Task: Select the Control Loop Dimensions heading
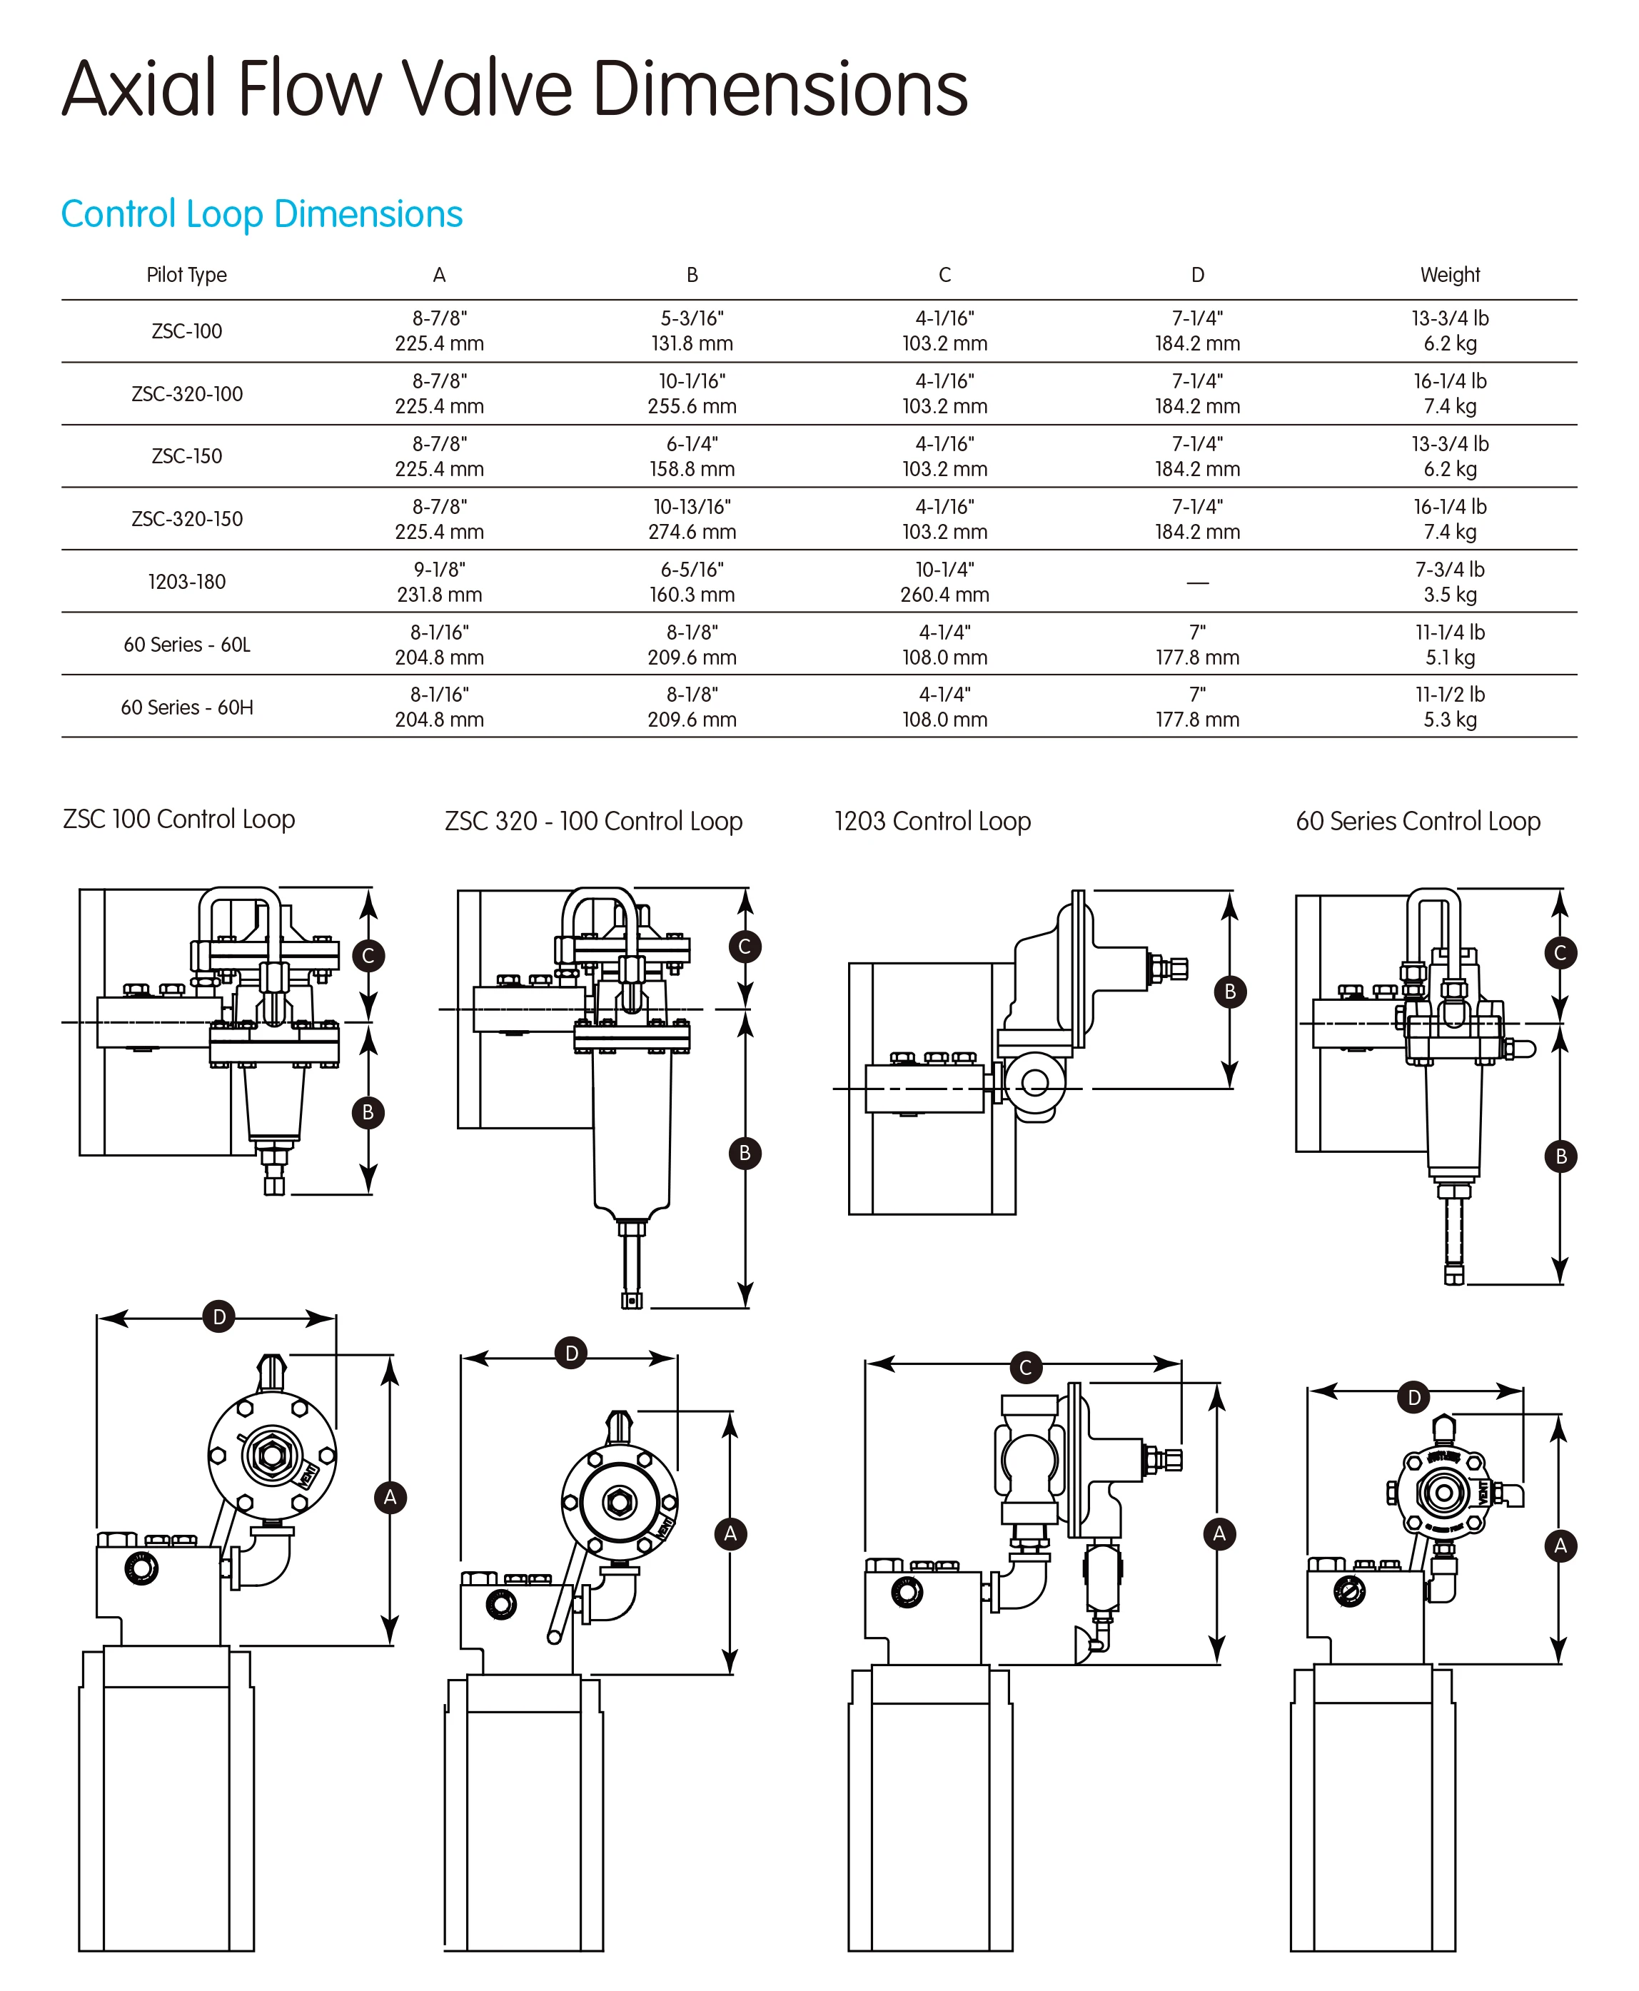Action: click(x=261, y=214)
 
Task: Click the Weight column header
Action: click(x=1449, y=275)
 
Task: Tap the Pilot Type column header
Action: click(x=186, y=275)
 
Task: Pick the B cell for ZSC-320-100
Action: click(x=691, y=393)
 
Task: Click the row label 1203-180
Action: click(x=186, y=582)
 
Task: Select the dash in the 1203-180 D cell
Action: click(x=1197, y=583)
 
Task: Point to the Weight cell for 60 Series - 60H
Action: click(x=1449, y=707)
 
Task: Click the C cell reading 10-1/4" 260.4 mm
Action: click(x=944, y=582)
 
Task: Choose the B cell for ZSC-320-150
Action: click(x=691, y=519)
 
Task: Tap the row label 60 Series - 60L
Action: click(x=186, y=645)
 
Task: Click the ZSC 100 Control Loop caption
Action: click(x=178, y=819)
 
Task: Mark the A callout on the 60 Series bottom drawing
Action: click(x=1560, y=1546)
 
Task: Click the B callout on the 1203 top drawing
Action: click(x=1229, y=992)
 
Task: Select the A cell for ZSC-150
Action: click(x=439, y=456)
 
